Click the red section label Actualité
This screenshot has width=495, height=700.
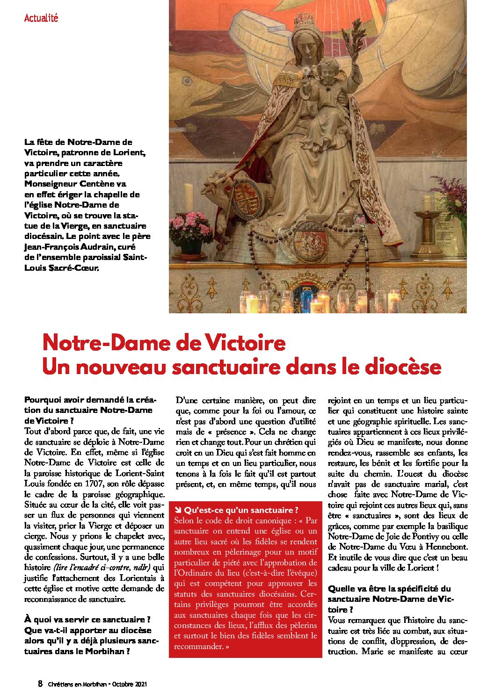(41, 18)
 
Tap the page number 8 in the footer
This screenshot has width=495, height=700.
(40, 684)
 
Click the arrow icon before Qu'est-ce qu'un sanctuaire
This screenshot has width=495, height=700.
(178, 510)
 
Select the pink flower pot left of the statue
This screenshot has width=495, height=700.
(191, 234)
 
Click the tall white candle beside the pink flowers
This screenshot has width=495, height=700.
(189, 199)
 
